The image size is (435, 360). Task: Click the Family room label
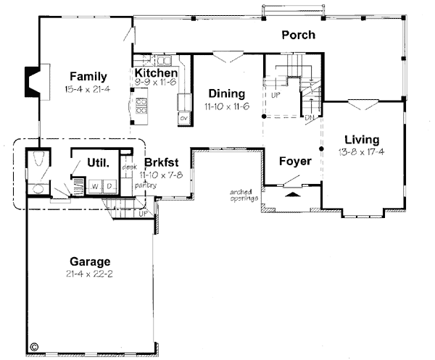pos(88,76)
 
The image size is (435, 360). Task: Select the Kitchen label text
pos(156,73)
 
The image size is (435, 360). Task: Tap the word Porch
pos(297,35)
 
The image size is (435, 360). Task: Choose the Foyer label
pos(295,161)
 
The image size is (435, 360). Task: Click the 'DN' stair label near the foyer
pos(308,118)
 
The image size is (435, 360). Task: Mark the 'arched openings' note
pos(243,195)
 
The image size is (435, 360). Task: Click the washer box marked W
pos(94,186)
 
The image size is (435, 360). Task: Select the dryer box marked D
pos(109,186)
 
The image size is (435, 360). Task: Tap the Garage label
pos(90,261)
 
